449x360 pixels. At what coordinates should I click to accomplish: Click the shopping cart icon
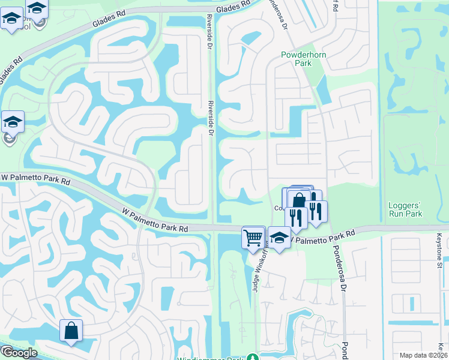[253, 236]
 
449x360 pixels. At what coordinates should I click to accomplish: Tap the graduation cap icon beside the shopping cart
[279, 238]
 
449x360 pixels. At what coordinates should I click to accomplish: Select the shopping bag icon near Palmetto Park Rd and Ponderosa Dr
[299, 199]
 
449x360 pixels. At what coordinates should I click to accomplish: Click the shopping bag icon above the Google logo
[71, 330]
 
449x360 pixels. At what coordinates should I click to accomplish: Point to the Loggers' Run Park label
[402, 209]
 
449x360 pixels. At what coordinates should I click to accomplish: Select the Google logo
[19, 352]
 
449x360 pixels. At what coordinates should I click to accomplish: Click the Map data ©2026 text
[423, 355]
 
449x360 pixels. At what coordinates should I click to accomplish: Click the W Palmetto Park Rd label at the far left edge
[36, 178]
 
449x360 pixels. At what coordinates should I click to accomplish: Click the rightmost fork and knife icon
[316, 211]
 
